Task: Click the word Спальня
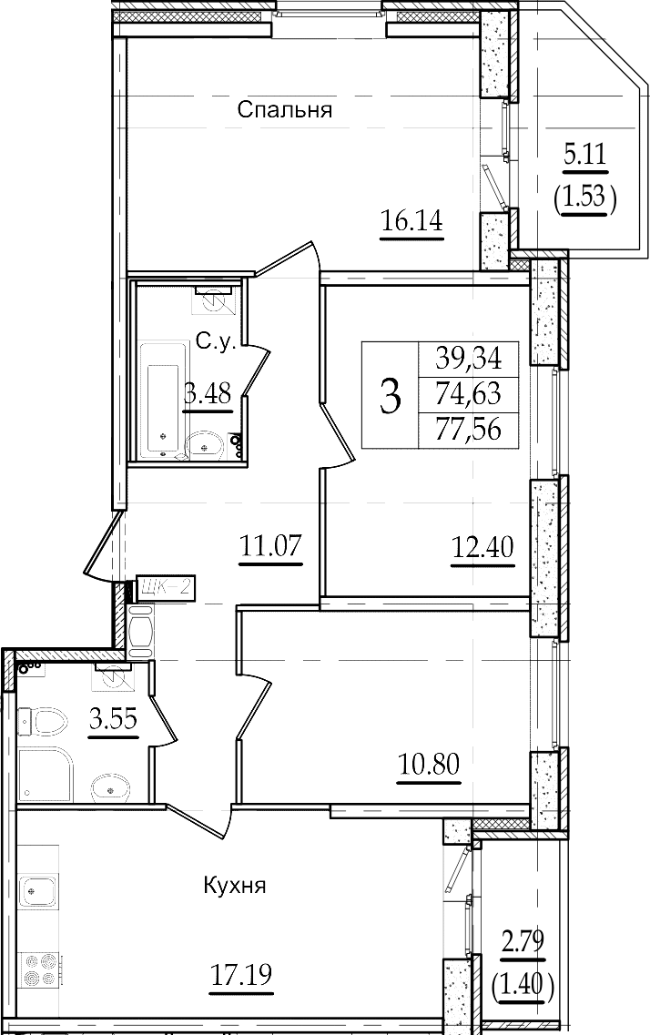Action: (x=284, y=109)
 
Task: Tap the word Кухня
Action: (x=234, y=885)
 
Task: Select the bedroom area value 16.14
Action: (x=411, y=219)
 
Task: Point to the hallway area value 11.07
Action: (x=270, y=546)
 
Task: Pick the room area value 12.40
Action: (x=483, y=546)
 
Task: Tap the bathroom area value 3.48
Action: (x=208, y=395)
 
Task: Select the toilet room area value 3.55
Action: (x=113, y=719)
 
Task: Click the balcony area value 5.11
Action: (x=584, y=157)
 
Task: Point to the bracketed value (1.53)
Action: (x=585, y=196)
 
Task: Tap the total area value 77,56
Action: (x=469, y=431)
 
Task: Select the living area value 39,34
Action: (x=469, y=359)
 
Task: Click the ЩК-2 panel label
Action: (x=162, y=587)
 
